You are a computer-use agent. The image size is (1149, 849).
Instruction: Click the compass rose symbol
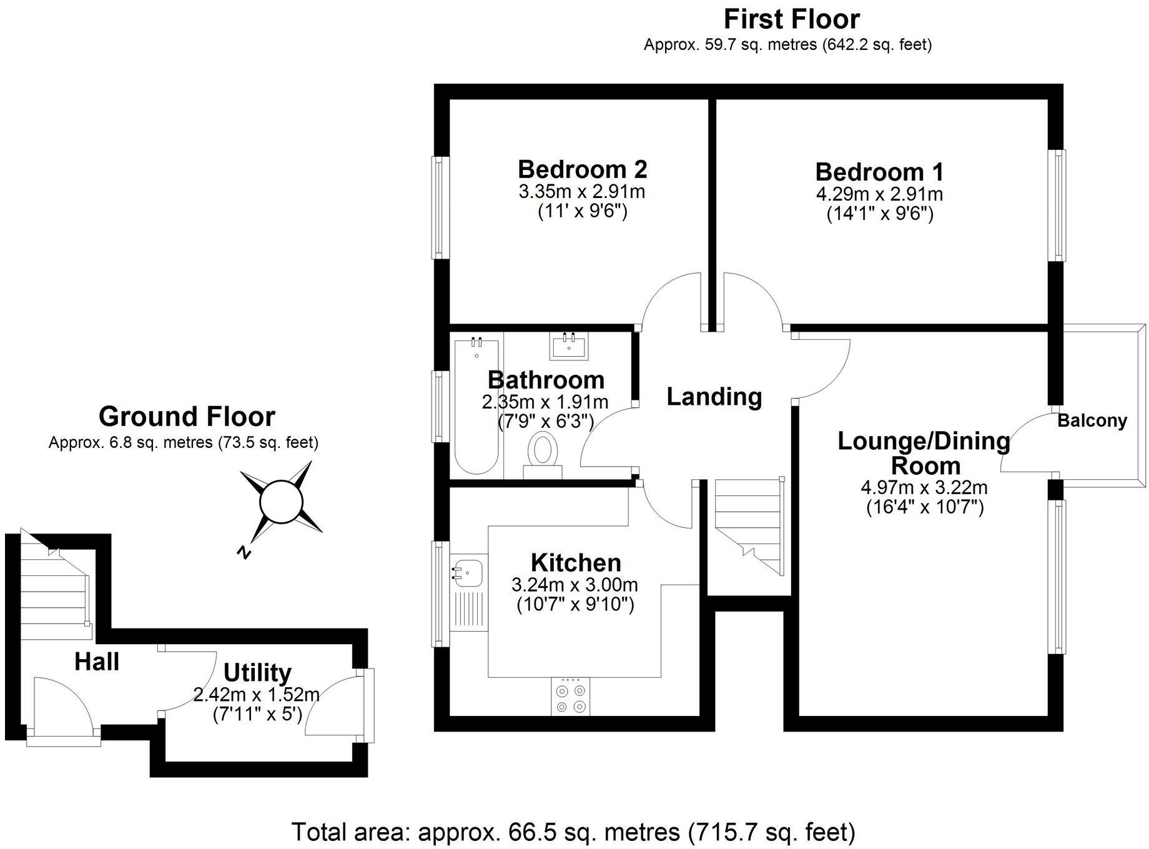click(281, 500)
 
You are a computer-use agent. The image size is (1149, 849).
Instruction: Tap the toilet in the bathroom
click(543, 452)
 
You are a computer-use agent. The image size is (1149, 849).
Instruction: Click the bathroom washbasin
click(569, 345)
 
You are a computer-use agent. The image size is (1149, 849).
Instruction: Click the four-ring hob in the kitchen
click(571, 698)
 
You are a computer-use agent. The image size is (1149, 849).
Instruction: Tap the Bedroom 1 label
click(879, 172)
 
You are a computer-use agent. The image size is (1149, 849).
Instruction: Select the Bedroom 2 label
click(582, 169)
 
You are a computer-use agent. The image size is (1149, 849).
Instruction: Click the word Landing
click(714, 397)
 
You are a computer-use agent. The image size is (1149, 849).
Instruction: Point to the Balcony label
click(1092, 421)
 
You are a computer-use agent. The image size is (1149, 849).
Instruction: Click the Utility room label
click(257, 673)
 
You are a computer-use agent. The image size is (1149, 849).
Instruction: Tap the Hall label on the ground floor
click(97, 662)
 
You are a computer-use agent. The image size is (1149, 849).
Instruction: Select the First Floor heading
click(791, 19)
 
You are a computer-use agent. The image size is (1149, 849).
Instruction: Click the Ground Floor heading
click(187, 417)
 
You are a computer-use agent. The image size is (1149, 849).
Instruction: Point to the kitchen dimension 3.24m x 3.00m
click(574, 585)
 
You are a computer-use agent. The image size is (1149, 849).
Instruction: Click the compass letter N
click(244, 552)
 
